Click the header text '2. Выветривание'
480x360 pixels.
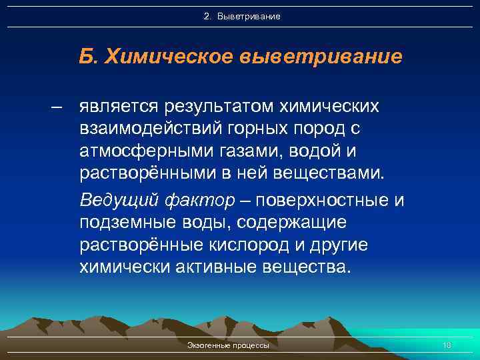(241, 15)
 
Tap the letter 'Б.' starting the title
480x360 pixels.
(87, 57)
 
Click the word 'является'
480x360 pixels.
(117, 107)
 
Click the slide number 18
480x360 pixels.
(447, 345)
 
